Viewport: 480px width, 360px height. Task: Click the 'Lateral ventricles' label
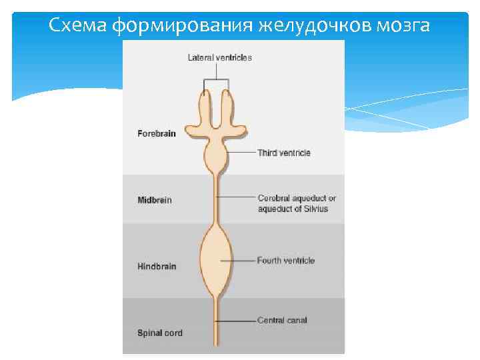(219, 57)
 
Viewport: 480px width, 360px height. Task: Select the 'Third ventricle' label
(284, 153)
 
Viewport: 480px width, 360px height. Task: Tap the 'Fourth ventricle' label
(285, 261)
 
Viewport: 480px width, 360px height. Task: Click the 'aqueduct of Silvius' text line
(293, 209)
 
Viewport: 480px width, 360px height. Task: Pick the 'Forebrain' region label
(157, 133)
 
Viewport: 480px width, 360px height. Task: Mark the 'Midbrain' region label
(155, 200)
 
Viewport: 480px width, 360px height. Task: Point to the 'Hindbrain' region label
(157, 267)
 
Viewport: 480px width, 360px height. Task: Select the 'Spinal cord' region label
(159, 333)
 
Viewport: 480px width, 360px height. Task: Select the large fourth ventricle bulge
(216, 260)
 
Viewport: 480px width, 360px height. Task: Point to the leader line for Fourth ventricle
(243, 261)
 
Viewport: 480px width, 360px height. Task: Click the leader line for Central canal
(237, 321)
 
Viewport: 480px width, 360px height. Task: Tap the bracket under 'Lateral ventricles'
(216, 81)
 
